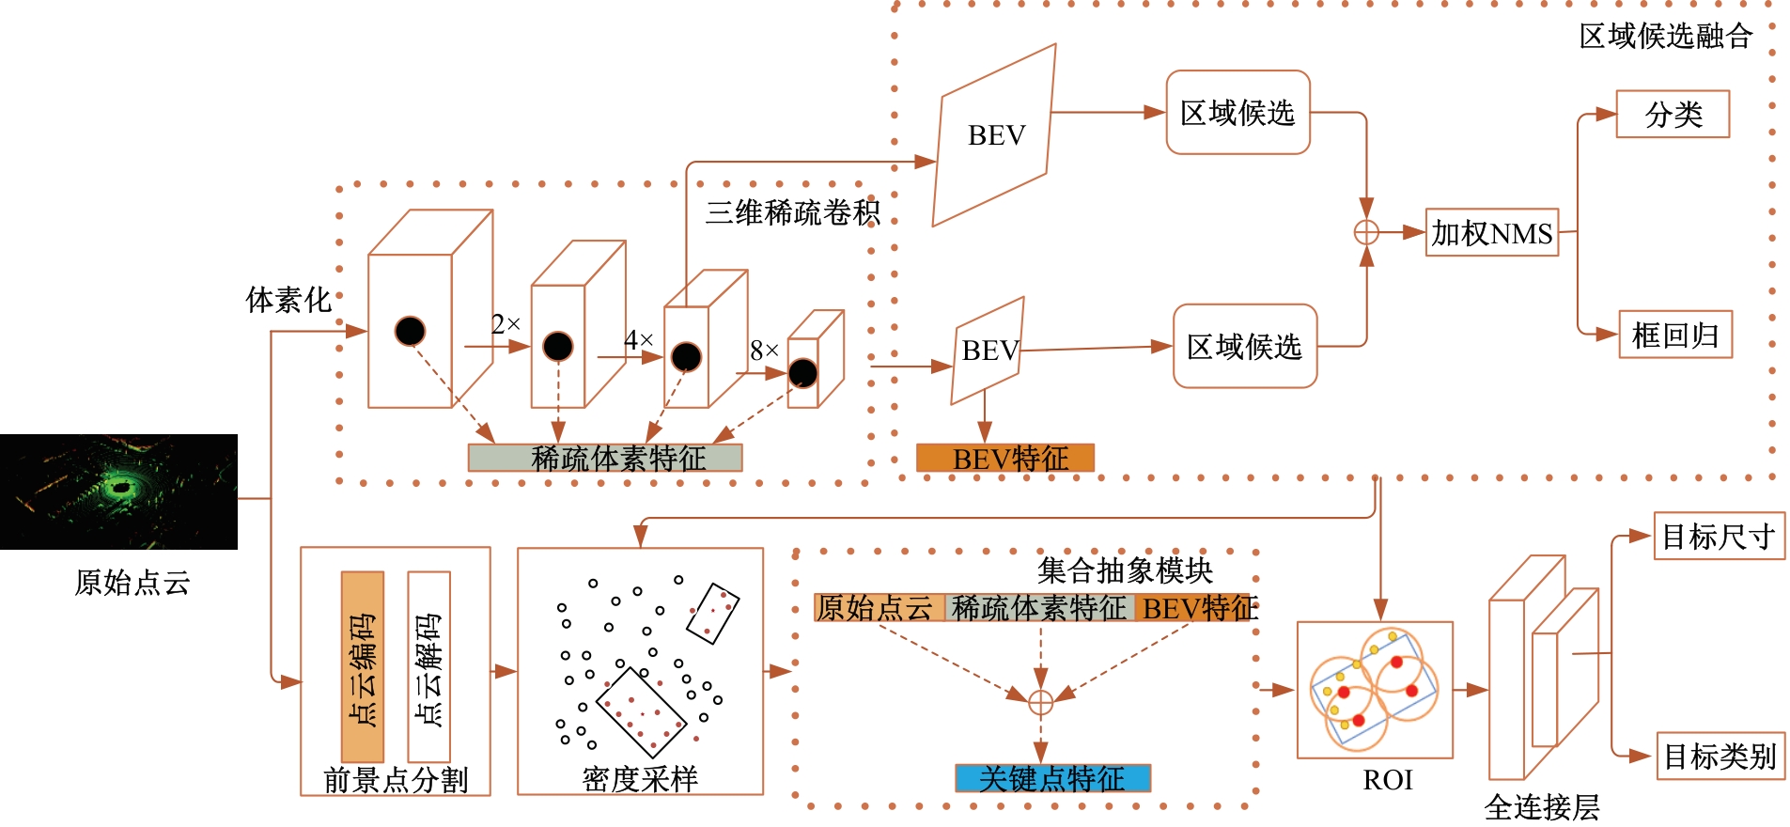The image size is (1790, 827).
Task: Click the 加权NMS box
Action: (x=1491, y=233)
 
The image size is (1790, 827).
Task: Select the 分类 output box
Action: (x=1673, y=115)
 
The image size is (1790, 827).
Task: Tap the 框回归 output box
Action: (x=1675, y=335)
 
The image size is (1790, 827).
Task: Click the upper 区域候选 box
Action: (x=1237, y=113)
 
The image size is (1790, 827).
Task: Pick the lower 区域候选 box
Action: (x=1244, y=347)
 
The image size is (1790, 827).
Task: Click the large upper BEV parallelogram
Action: (x=995, y=135)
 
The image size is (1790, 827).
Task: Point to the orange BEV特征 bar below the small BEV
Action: (x=1005, y=458)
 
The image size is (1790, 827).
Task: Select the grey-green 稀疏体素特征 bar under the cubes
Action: (x=605, y=458)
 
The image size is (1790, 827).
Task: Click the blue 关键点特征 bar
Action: (x=1052, y=778)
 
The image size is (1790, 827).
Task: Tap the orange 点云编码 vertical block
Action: (x=363, y=666)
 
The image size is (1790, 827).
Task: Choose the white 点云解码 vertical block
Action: (x=428, y=666)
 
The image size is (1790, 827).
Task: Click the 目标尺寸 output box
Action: (x=1719, y=537)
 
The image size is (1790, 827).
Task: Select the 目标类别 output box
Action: (x=1720, y=756)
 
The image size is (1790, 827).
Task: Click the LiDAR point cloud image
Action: (x=118, y=492)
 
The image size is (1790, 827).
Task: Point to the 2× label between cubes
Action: (x=506, y=324)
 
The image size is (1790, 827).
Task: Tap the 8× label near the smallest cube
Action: (x=764, y=351)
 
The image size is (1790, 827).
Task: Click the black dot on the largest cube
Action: (x=410, y=331)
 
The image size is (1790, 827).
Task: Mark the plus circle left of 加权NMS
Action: (x=1366, y=232)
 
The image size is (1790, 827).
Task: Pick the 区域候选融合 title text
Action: (x=1665, y=36)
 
